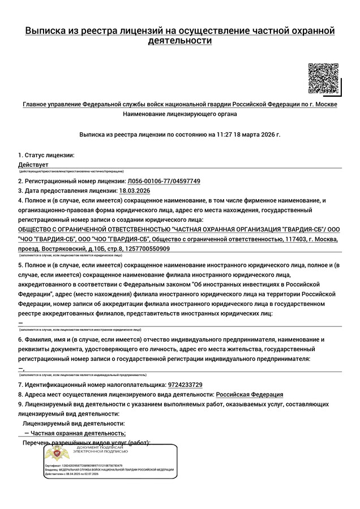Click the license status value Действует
(x=33, y=164)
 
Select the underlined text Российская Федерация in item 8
(x=250, y=394)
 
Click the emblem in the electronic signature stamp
(x=56, y=453)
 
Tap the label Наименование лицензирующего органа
(x=180, y=114)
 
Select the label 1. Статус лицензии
(x=46, y=155)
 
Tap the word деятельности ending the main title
(x=179, y=41)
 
